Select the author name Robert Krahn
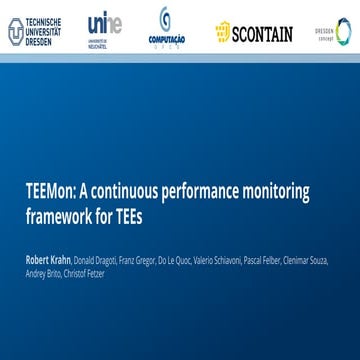pyautogui.click(x=47, y=260)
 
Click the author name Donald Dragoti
pyautogui.click(x=94, y=260)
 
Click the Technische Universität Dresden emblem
pyautogui.click(x=15, y=32)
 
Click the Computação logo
pyautogui.click(x=166, y=26)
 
